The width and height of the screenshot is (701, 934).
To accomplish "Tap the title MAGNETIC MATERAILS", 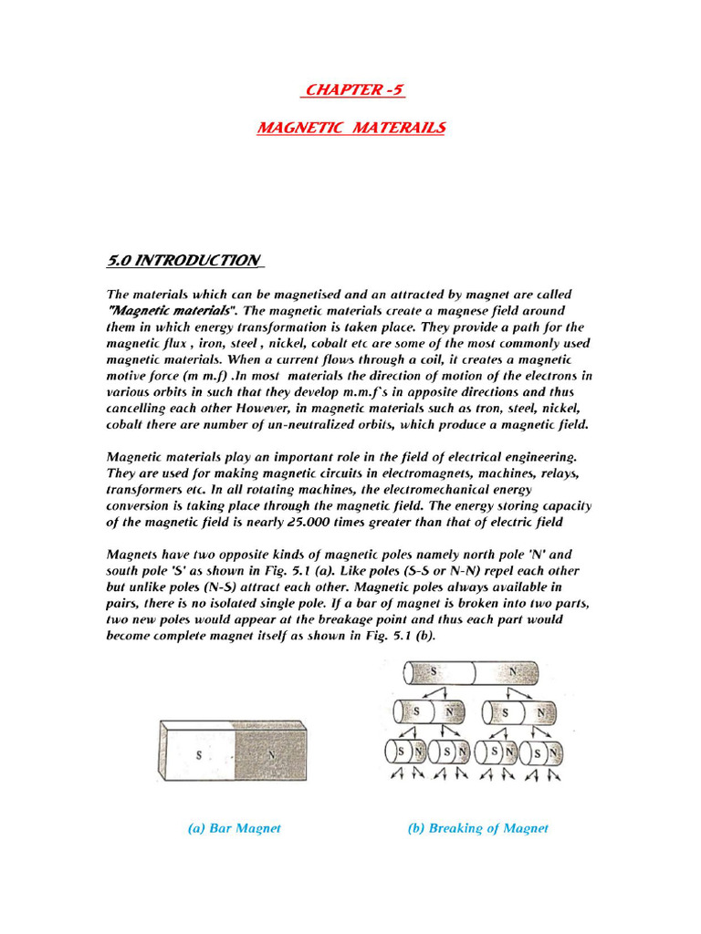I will click(351, 128).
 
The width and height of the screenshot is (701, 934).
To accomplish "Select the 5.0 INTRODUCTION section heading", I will click(184, 261).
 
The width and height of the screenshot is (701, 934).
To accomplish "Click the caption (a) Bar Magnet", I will click(234, 828).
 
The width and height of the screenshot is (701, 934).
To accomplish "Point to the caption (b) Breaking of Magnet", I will click(477, 828).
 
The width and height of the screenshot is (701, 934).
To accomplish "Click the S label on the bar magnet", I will click(198, 754).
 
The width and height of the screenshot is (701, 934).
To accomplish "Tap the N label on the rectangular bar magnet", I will click(271, 754).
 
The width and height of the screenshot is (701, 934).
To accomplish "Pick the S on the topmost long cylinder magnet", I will click(434, 672).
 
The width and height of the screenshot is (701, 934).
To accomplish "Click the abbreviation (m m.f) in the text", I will click(206, 375).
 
